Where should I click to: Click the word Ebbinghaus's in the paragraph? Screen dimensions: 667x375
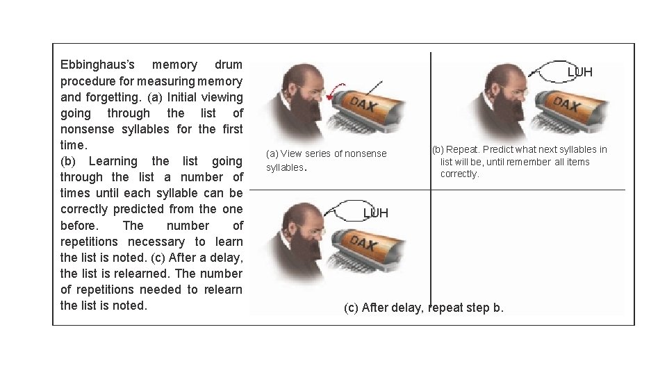[x=97, y=65]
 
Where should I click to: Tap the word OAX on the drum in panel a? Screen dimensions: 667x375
[x=363, y=103]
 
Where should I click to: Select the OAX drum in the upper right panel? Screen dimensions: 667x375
[x=570, y=110]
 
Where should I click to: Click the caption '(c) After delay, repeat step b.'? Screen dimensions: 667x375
[x=424, y=308]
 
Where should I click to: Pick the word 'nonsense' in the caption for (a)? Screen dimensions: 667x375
[x=365, y=153]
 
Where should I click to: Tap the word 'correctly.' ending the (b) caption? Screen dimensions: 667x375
[x=459, y=174]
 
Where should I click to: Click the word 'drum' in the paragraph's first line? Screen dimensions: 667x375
[x=229, y=65]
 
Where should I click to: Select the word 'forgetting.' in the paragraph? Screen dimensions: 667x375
[x=113, y=97]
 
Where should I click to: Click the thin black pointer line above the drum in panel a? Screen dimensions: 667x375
[x=374, y=88]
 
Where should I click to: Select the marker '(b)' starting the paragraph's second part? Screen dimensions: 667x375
[x=67, y=162]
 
